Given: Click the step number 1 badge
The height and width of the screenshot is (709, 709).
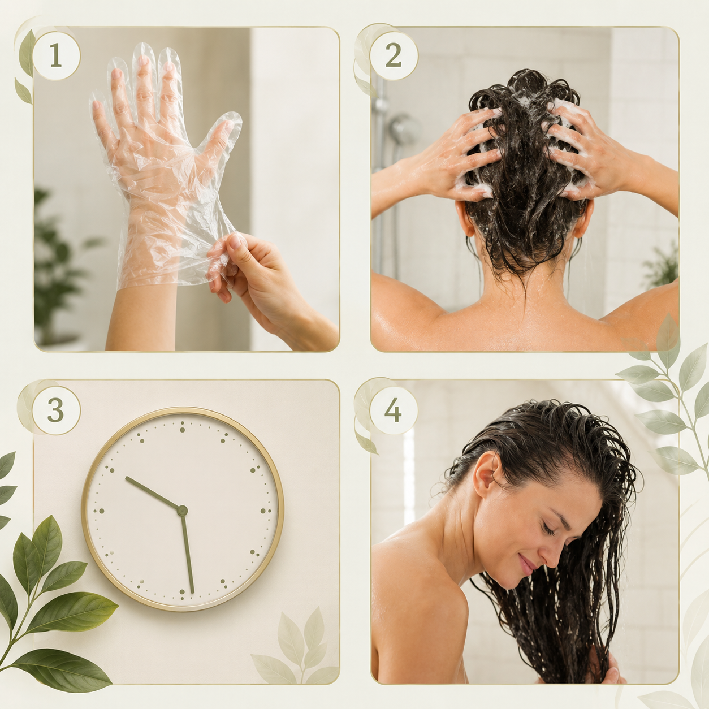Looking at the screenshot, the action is click(x=56, y=56).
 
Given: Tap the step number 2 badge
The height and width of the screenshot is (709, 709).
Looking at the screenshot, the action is click(x=394, y=56).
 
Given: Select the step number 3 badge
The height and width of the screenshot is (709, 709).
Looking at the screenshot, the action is click(x=56, y=410).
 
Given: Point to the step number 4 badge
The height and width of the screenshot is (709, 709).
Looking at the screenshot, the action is click(x=394, y=410).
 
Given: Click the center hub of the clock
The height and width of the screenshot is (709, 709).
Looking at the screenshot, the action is click(x=182, y=511).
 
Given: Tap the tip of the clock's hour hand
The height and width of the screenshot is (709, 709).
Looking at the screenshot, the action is click(x=126, y=478).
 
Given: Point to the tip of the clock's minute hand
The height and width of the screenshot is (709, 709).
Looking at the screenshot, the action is click(x=192, y=593).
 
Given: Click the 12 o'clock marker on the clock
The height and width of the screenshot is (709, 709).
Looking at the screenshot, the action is click(x=182, y=427).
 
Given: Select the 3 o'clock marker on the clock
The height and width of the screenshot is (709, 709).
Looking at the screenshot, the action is click(x=265, y=511).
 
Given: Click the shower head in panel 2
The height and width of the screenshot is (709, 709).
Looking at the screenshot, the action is click(x=404, y=129).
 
